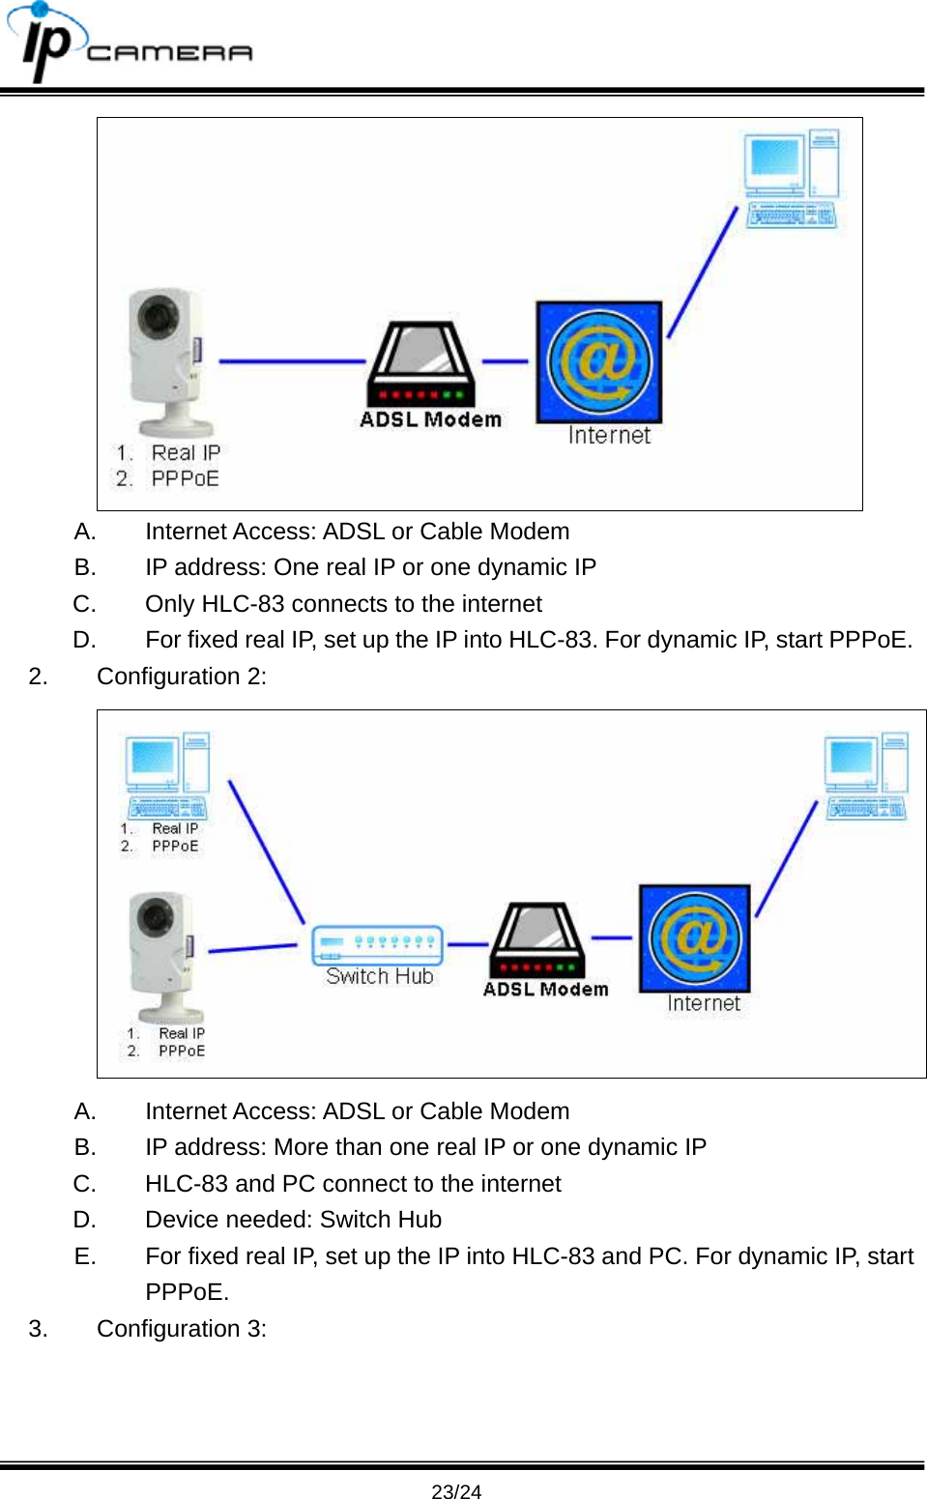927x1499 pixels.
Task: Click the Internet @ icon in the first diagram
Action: point(599,361)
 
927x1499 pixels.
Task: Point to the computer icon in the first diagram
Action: point(790,179)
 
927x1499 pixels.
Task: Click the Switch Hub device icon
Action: point(377,944)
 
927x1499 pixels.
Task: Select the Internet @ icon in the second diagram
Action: point(694,937)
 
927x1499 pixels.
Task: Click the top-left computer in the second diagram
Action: point(166,774)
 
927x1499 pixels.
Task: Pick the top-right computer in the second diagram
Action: point(865,776)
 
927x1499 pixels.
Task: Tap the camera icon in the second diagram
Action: point(165,957)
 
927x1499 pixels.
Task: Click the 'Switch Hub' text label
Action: point(379,976)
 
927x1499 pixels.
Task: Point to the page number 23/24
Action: point(456,1491)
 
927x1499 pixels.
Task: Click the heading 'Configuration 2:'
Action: point(182,677)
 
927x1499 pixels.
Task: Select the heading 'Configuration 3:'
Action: point(182,1329)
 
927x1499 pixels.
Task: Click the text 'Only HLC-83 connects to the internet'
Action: point(343,604)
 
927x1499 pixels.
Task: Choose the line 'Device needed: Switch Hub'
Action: point(293,1220)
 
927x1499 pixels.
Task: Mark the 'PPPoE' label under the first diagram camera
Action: point(185,478)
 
